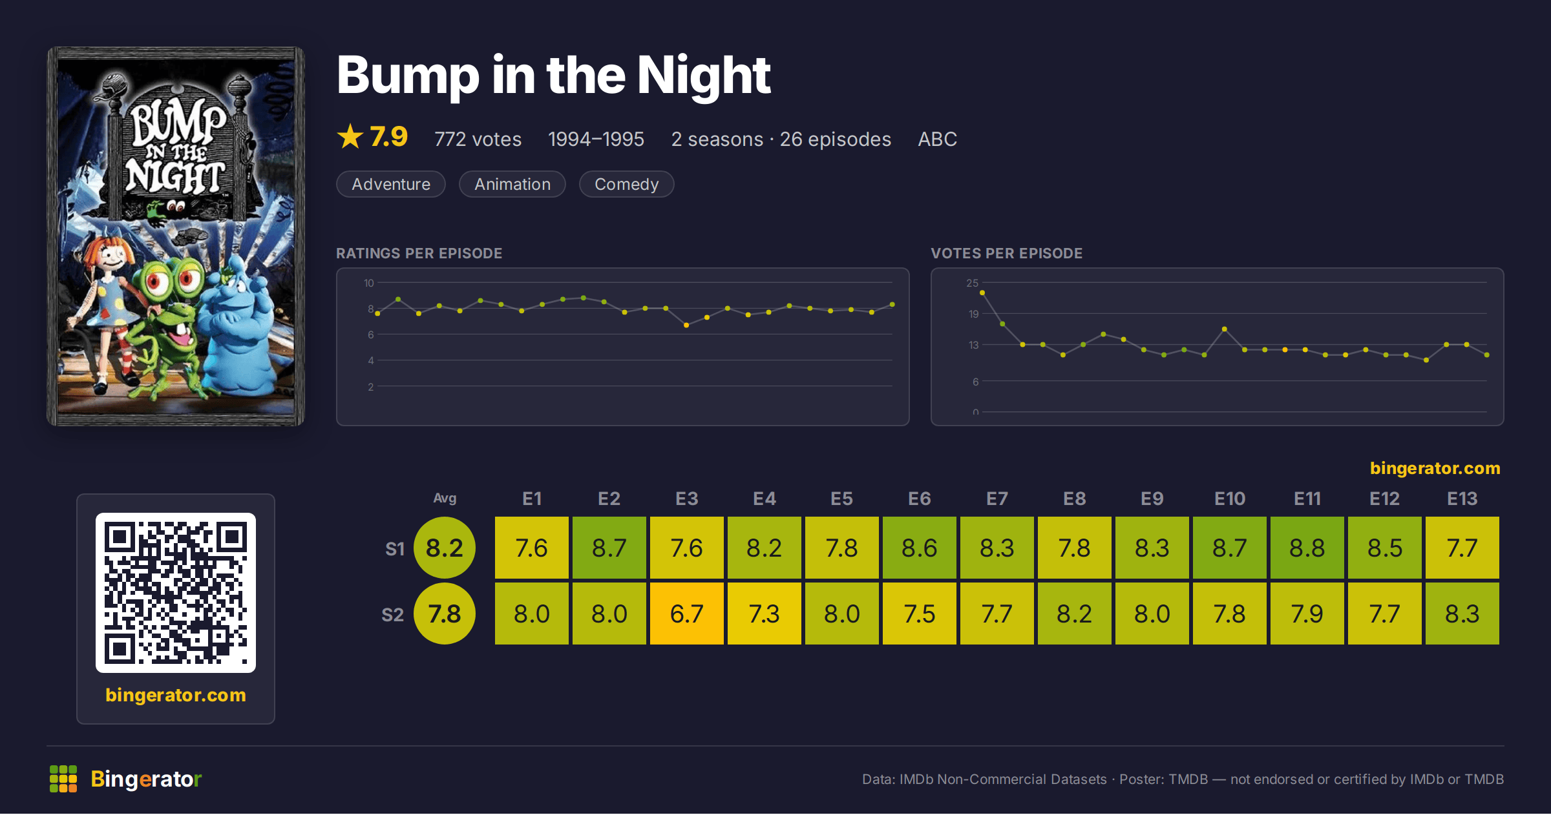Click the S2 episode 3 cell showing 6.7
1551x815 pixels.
pos(686,614)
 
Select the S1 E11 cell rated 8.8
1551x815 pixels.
pos(1307,548)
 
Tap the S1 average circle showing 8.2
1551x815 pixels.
pos(445,548)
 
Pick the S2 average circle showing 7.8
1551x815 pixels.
pos(445,614)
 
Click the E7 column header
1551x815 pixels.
pos(997,499)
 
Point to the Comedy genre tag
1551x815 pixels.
pos(626,184)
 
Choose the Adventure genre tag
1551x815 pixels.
pos(391,184)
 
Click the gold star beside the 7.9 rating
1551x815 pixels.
pos(350,136)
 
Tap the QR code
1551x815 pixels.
pos(176,593)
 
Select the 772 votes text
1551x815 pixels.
pos(478,139)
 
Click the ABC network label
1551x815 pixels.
pos(937,139)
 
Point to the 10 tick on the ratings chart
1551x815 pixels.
pos(369,283)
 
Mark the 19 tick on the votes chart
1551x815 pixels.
pos(973,314)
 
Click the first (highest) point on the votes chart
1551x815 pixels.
pos(982,293)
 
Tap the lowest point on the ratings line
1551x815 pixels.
pos(686,325)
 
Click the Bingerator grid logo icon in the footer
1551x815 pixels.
pos(63,779)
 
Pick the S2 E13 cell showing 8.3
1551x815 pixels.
pos(1462,614)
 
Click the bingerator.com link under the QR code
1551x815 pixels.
pos(176,695)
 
